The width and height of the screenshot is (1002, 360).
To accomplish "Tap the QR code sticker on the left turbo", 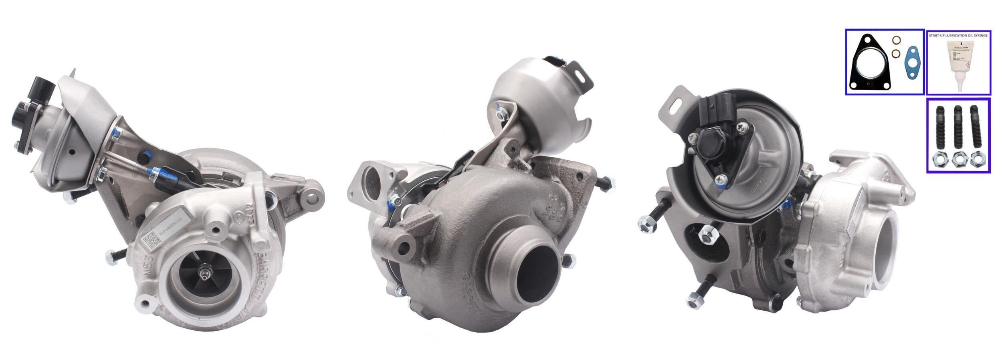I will tap(151, 242).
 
